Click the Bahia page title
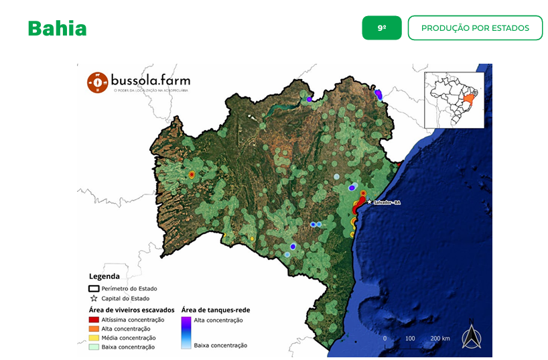pos(58,29)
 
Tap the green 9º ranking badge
pos(382,28)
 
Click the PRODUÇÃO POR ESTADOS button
pos(475,28)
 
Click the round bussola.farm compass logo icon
pos(98,82)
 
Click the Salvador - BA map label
pos(387,202)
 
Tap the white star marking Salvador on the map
pos(369,201)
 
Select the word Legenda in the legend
pos(105,276)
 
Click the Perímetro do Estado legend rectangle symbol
pos(94,288)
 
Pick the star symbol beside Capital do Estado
pos(94,298)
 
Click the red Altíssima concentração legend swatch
pos(94,320)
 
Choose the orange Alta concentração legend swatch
pos(94,329)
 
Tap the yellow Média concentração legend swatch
pos(94,338)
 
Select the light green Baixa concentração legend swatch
pos(94,347)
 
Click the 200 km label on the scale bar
pos(440,339)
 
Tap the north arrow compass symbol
pos(472,337)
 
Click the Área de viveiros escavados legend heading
pos(131,310)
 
